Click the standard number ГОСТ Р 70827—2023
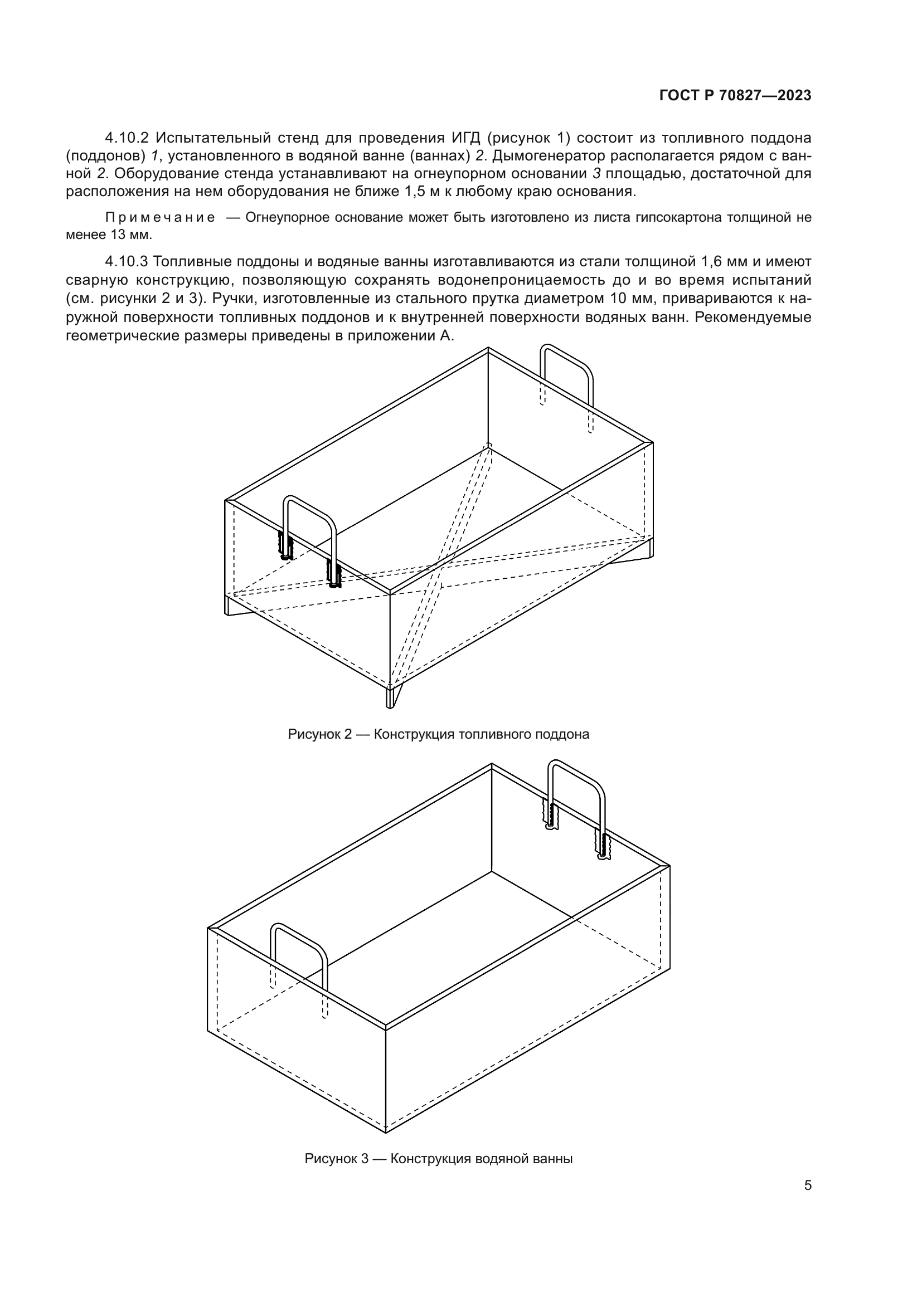735,96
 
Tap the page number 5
807,1185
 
